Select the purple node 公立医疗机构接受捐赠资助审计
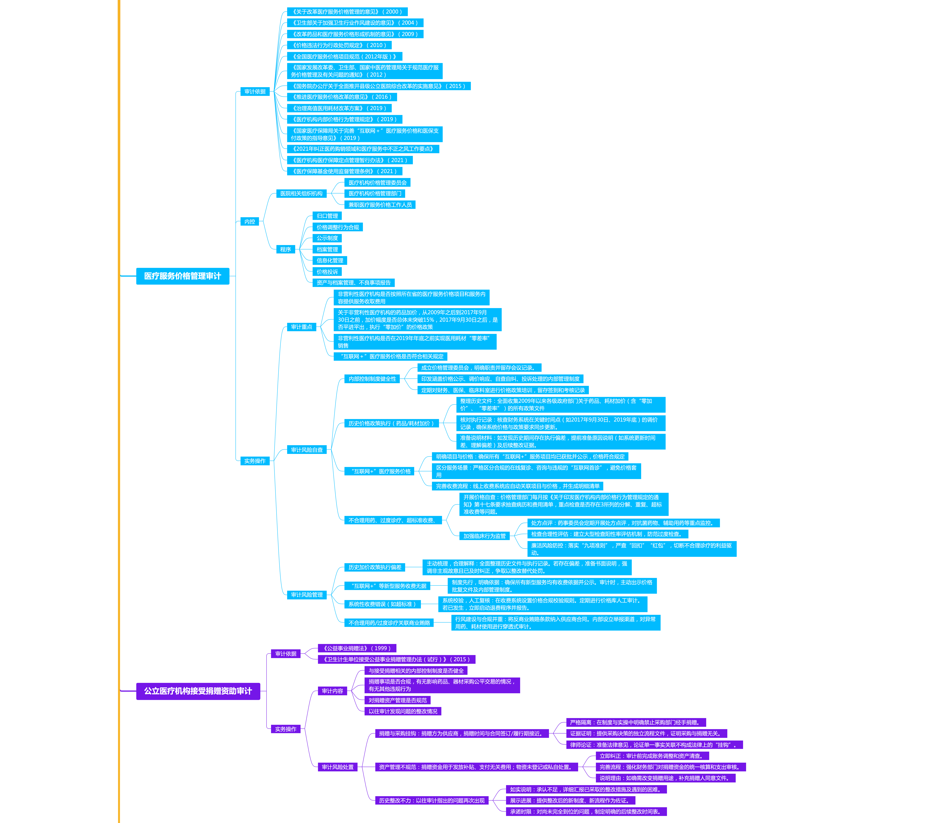click(198, 691)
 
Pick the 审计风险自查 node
click(307, 450)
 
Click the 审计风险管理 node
click(307, 595)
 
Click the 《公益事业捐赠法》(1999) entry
click(357, 649)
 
